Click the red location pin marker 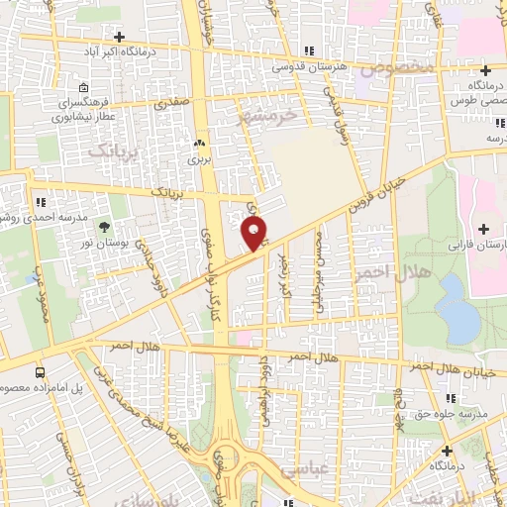click(x=254, y=234)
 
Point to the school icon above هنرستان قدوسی click(x=310, y=51)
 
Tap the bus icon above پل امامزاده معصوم click(x=40, y=372)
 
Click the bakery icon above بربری click(x=200, y=142)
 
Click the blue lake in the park click(x=456, y=306)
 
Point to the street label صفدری click(x=169, y=102)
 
